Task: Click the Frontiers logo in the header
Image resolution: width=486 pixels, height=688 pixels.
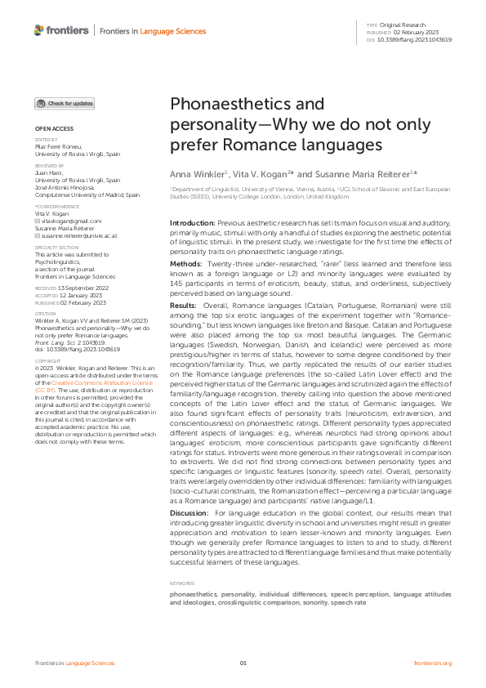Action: click(62, 30)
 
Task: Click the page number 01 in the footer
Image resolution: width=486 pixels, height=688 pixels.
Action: click(243, 663)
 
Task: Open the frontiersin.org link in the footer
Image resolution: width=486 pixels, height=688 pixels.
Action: click(433, 663)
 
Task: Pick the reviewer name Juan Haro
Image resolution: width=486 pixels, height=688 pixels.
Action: click(47, 174)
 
